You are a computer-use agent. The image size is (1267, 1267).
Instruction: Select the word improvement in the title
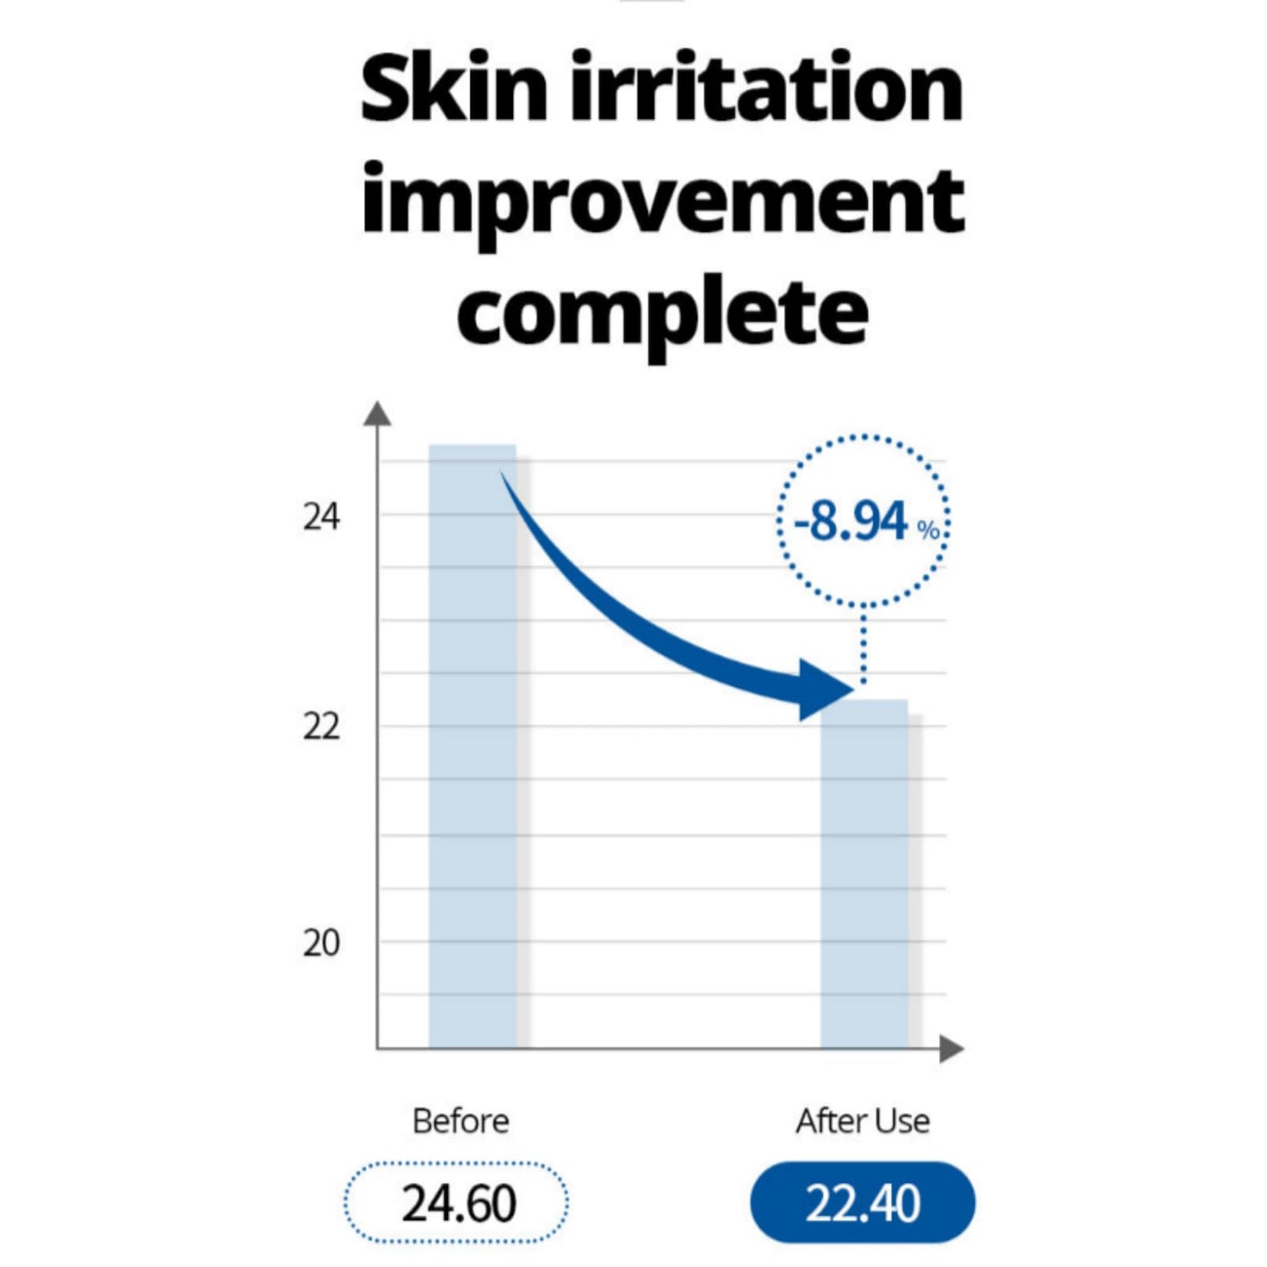click(x=663, y=202)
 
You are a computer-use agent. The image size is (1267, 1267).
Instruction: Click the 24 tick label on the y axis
click(x=321, y=517)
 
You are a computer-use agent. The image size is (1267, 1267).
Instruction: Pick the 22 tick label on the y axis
click(x=321, y=727)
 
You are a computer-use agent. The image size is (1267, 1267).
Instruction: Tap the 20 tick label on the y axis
click(x=321, y=943)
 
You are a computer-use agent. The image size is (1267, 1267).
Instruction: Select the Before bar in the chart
click(x=472, y=789)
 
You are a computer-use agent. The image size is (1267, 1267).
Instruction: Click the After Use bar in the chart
click(x=864, y=877)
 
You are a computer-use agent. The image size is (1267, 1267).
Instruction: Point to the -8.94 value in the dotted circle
click(x=851, y=522)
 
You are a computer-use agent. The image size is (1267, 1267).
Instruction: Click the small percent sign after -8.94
click(x=929, y=530)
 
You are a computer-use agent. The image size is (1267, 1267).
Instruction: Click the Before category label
click(x=460, y=1121)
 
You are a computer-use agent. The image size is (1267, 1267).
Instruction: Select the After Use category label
click(x=863, y=1121)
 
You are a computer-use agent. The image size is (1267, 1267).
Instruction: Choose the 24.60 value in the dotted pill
click(x=459, y=1203)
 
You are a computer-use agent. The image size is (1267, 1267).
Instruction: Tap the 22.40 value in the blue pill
click(x=863, y=1203)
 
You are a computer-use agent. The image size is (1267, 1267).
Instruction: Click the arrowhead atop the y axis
click(x=377, y=413)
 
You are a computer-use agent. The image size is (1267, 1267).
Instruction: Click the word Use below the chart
click(x=902, y=1121)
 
